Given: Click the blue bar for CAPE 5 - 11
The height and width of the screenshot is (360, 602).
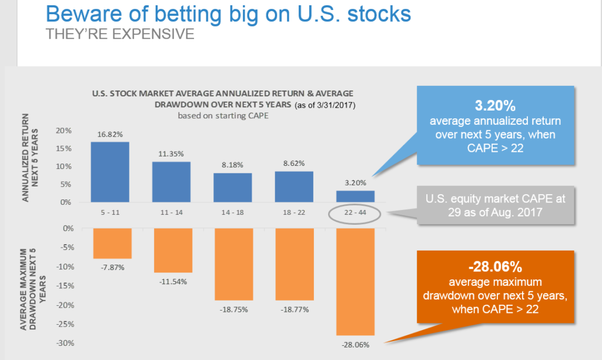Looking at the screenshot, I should pyautogui.click(x=110, y=172).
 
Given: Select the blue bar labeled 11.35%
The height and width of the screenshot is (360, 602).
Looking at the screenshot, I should pyautogui.click(x=170, y=182).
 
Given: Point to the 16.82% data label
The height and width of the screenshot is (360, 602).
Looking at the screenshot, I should pyautogui.click(x=110, y=134).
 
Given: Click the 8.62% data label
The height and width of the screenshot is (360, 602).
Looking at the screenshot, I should pyautogui.click(x=293, y=163).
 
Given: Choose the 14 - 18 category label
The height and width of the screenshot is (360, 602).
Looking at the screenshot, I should pyautogui.click(x=232, y=212).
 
